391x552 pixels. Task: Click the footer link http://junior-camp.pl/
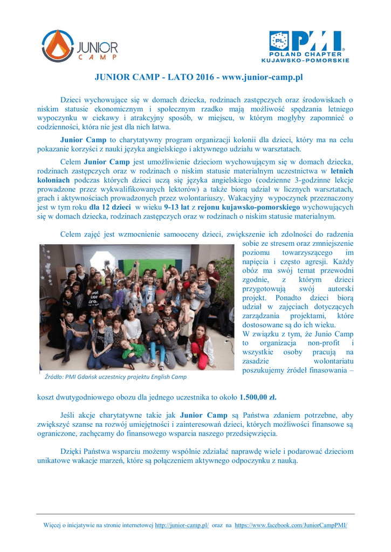pos(182,525)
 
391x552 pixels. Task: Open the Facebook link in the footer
pos(291,525)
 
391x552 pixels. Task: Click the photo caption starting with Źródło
pos(114,377)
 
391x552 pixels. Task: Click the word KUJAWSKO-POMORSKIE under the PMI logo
pos(305,60)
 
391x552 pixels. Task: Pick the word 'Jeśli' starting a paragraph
pos(68,416)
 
